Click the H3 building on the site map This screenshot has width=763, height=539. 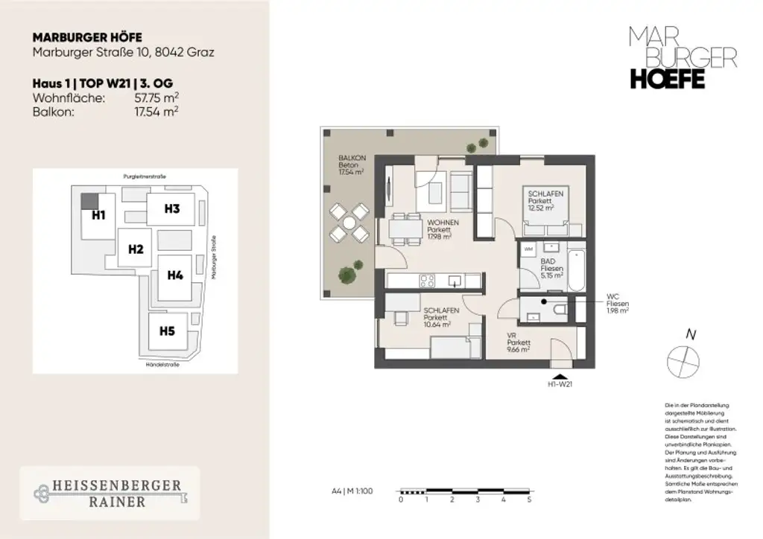(x=172, y=209)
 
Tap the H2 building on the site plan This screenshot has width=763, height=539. (x=135, y=249)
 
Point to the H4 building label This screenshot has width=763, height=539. (x=175, y=275)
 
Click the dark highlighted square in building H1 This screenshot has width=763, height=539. (x=89, y=200)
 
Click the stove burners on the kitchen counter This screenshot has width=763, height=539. (x=428, y=281)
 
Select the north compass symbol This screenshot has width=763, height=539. (x=684, y=361)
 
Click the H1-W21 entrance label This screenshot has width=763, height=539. (x=560, y=385)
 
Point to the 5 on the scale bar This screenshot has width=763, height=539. (x=529, y=500)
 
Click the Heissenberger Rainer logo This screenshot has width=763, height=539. (x=110, y=493)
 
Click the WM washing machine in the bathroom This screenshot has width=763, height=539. (x=529, y=248)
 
